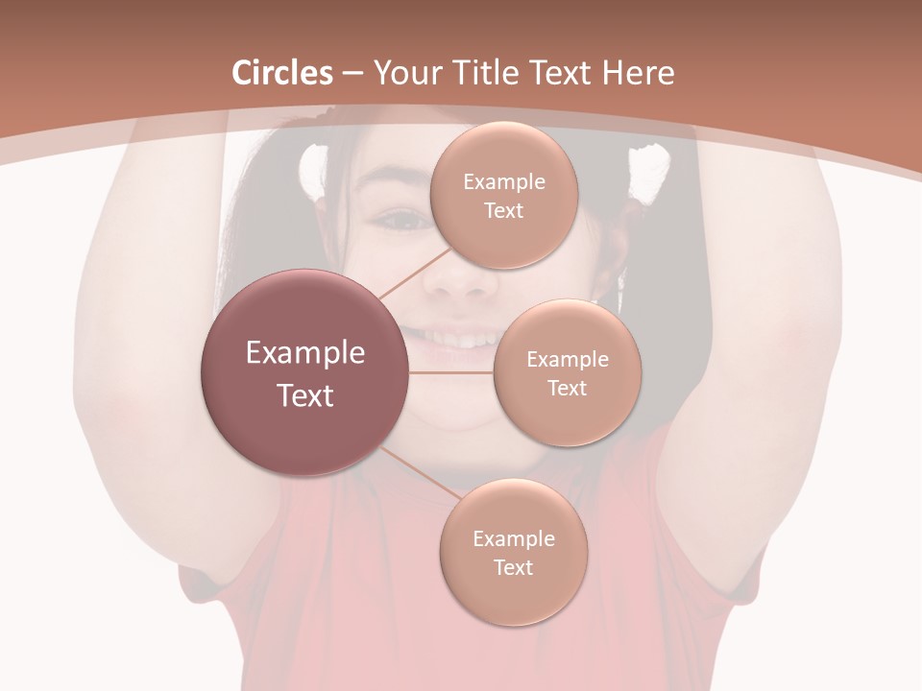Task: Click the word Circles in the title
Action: (281, 73)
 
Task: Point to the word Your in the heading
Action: (407, 73)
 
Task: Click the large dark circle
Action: (304, 372)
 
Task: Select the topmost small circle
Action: (502, 195)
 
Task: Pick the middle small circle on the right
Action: (567, 372)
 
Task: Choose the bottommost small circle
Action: (513, 552)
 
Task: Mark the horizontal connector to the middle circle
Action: (451, 372)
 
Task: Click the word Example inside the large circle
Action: (304, 353)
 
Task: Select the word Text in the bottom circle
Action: (513, 567)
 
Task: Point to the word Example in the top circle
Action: (503, 181)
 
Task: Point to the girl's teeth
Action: (461, 338)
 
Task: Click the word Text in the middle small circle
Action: (567, 388)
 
